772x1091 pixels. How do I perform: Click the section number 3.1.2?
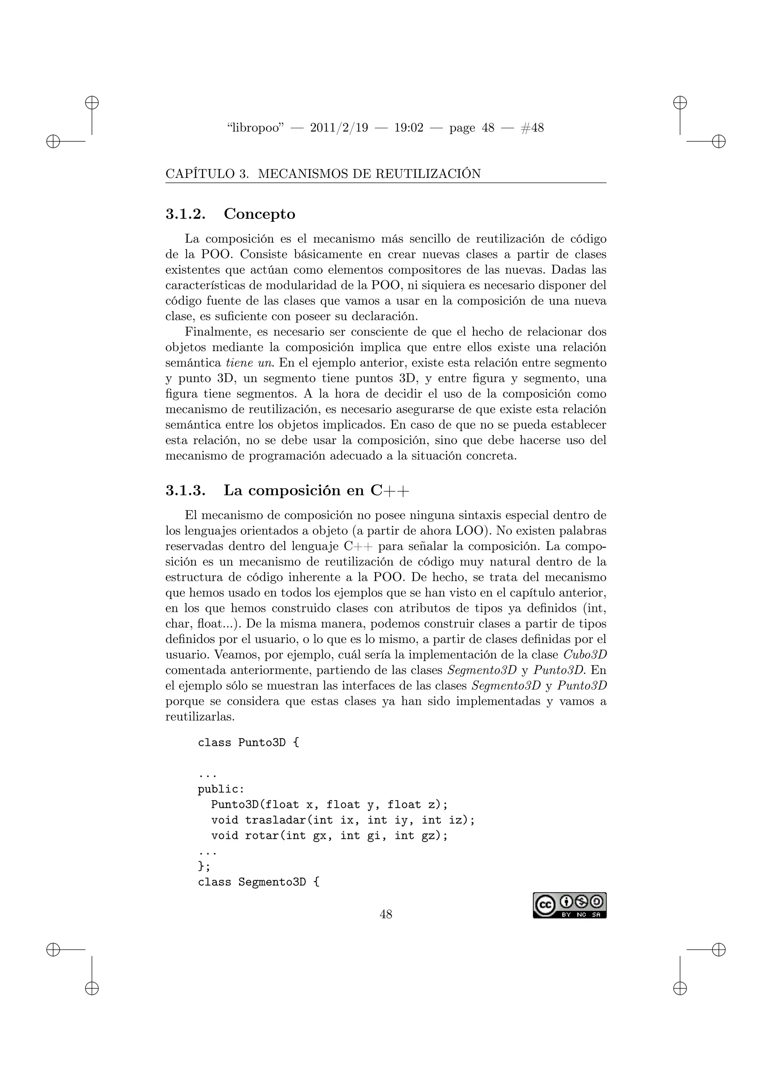point(185,214)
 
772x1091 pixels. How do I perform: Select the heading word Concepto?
point(260,214)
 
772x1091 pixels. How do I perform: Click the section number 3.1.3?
point(185,490)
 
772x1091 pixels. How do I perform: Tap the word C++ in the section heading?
point(389,490)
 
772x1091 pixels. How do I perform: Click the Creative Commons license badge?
point(570,905)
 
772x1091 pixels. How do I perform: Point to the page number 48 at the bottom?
point(386,914)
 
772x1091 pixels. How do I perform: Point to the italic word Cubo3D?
point(585,654)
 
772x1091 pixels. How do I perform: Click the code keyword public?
point(221,789)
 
